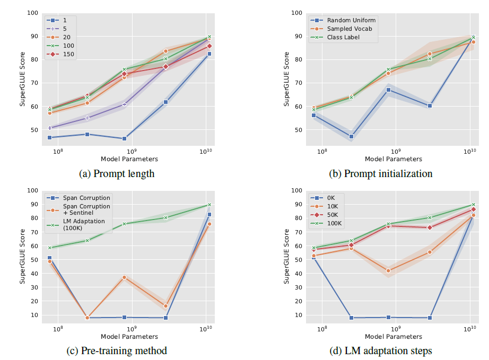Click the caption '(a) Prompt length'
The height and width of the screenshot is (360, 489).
[116, 174]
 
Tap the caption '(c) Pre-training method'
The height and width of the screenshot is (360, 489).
[116, 350]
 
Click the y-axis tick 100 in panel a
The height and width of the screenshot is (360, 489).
[32, 13]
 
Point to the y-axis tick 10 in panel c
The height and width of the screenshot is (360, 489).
[34, 315]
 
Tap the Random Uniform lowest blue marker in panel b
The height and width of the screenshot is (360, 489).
[351, 136]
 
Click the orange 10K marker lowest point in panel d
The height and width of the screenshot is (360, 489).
[388, 270]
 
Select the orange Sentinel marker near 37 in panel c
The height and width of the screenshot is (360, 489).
[124, 277]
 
